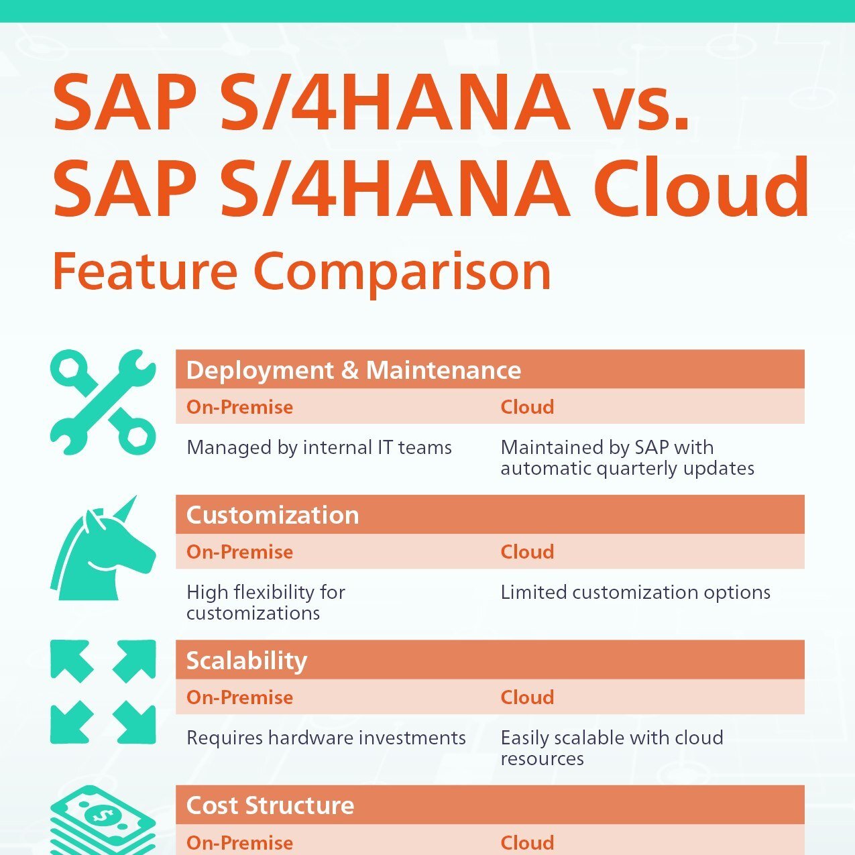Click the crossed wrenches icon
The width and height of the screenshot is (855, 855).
click(103, 402)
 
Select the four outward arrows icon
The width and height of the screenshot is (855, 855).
click(103, 692)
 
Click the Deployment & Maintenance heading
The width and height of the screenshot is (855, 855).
click(353, 370)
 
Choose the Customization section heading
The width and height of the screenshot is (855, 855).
click(272, 515)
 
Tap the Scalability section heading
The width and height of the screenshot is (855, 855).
click(246, 661)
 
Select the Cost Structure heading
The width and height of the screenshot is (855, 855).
click(270, 805)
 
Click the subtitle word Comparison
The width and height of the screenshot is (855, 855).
click(402, 272)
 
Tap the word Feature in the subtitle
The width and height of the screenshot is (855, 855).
click(145, 272)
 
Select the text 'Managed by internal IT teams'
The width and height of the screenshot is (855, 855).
click(319, 447)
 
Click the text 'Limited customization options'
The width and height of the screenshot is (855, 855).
click(635, 592)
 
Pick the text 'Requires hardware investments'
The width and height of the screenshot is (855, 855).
click(326, 738)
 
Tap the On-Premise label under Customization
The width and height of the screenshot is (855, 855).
click(239, 552)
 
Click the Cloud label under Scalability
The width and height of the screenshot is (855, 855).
click(527, 697)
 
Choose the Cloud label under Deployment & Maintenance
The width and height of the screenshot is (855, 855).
click(527, 407)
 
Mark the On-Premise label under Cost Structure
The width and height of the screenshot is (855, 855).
click(239, 842)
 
